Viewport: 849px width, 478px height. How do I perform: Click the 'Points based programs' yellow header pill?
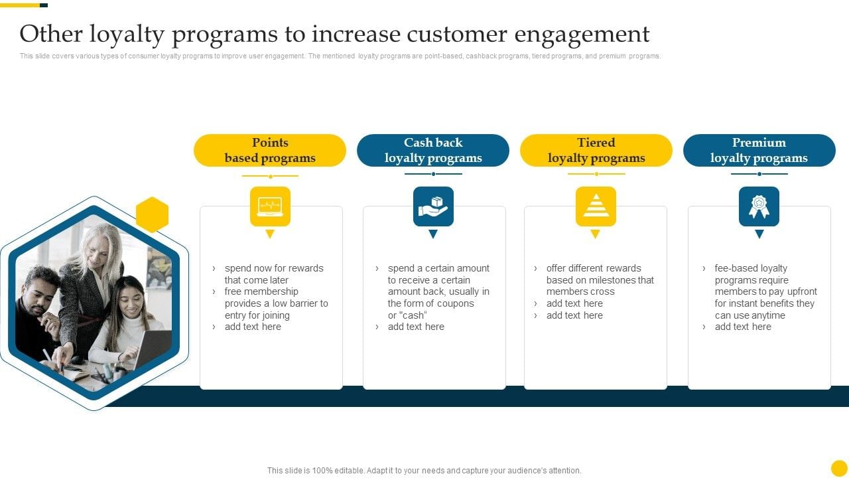coord(270,150)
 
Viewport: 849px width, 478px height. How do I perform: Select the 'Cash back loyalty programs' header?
coord(433,150)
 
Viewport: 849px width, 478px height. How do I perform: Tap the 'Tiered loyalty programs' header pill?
coord(596,150)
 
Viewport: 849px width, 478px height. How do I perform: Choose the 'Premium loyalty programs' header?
coord(759,150)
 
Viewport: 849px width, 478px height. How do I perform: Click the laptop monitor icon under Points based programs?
coord(270,206)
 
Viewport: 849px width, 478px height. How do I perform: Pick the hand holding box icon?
coord(433,206)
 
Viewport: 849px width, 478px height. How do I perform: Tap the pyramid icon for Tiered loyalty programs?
coord(596,206)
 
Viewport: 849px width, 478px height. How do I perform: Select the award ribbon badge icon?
coord(759,206)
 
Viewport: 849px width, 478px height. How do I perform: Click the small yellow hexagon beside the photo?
coord(153,214)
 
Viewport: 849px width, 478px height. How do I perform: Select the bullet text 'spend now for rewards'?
coord(274,268)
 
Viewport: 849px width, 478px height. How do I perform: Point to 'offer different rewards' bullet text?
coord(594,268)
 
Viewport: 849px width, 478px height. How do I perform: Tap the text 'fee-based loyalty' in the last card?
coord(751,268)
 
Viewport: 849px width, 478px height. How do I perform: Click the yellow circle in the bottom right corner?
coord(839,468)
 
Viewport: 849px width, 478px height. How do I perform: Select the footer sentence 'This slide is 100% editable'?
coord(424,471)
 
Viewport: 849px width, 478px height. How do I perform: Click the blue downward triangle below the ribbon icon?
coord(759,234)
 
